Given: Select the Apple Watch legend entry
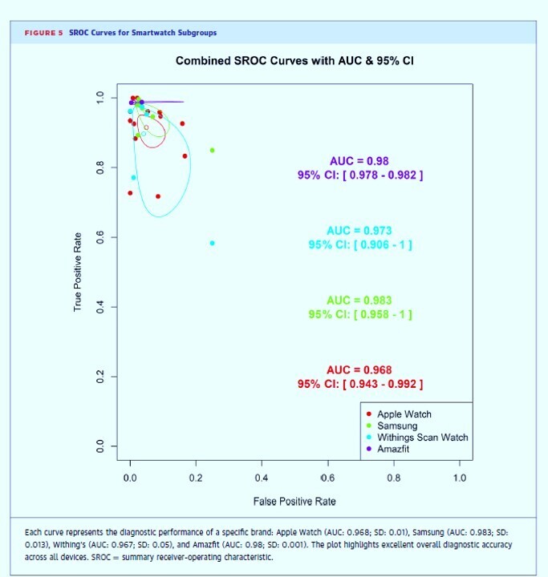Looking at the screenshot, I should pos(404,414).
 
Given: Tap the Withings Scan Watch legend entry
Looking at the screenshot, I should pos(422,438).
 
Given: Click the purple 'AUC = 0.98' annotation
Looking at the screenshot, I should pos(359,161).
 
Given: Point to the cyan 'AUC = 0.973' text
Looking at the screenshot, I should pos(359,231).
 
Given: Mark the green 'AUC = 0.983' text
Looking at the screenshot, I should pos(359,301).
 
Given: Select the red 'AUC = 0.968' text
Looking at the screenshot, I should pos(359,369).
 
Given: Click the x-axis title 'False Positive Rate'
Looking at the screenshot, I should pos(294,502).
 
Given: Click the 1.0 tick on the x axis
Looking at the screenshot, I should pos(458,478).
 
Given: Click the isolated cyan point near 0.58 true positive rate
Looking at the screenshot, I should pos(212,243).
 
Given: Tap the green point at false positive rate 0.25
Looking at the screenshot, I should pos(212,150).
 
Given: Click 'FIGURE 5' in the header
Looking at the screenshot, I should pos(43,33).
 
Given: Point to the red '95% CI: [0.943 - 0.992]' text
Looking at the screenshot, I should pos(359,384).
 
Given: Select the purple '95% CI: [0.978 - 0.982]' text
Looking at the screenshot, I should pos(359,175).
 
